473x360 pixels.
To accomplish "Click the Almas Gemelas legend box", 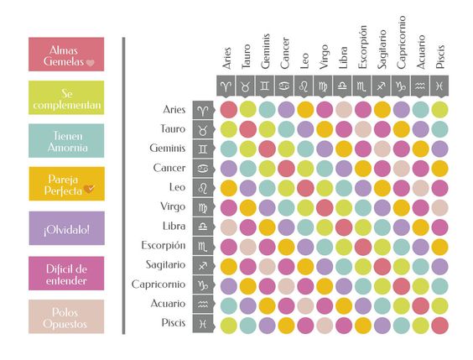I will pyautogui.click(x=65, y=55).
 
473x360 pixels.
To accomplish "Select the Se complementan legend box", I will pyautogui.click(x=65, y=97).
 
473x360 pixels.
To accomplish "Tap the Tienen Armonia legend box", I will pyautogui.click(x=65, y=140).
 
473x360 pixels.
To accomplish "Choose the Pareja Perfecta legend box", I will pyautogui.click(x=65, y=185).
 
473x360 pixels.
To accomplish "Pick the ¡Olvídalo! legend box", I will pyautogui.click(x=65, y=228).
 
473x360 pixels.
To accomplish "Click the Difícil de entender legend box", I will pyautogui.click(x=65, y=272).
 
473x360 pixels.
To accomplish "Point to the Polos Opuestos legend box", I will pyautogui.click(x=65, y=316).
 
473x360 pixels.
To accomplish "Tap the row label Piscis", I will pyautogui.click(x=173, y=323).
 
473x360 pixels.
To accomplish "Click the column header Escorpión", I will pyautogui.click(x=362, y=50).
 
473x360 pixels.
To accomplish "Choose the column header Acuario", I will pyautogui.click(x=420, y=52).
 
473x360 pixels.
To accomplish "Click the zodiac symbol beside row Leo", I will pyautogui.click(x=202, y=187).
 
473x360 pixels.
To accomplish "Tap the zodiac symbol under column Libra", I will pyautogui.click(x=344, y=86).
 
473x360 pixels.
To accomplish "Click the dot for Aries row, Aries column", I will pyautogui.click(x=228, y=109).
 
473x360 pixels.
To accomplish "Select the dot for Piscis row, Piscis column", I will pyautogui.click(x=439, y=325).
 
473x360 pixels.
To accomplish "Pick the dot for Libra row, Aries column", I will pyautogui.click(x=228, y=227).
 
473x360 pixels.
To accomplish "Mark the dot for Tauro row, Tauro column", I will pyautogui.click(x=247, y=128).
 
